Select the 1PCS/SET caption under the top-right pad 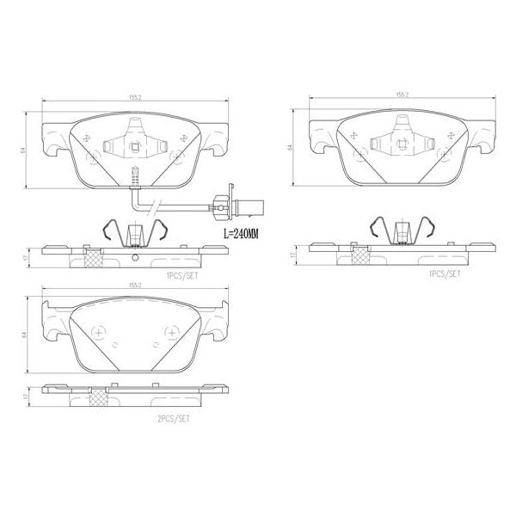[444, 275]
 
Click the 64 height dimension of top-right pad [292, 147]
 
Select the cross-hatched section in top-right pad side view [358, 254]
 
